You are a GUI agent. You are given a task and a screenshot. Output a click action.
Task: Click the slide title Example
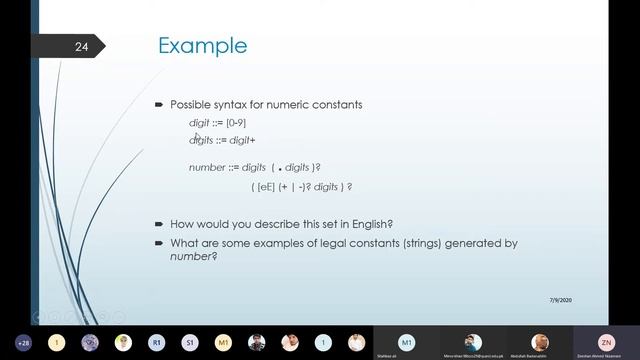203,46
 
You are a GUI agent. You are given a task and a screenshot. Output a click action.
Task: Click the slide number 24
82,47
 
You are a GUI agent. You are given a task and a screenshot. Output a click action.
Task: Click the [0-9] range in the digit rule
236,122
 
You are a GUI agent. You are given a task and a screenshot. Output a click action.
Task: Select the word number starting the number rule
205,167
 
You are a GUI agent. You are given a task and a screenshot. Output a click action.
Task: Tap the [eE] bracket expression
265,187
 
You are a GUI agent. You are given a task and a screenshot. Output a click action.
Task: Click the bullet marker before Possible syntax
159,104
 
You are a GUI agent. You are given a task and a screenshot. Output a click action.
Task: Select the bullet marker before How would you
159,224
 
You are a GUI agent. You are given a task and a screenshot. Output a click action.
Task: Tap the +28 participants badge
24,342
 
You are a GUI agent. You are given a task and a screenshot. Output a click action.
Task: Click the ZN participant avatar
605,341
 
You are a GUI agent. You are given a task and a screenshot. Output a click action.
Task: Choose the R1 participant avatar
157,342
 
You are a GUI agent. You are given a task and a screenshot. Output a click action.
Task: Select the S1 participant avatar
190,342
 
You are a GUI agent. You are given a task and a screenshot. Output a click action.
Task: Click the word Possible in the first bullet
188,104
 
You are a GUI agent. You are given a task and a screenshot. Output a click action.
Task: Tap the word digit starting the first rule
199,122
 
